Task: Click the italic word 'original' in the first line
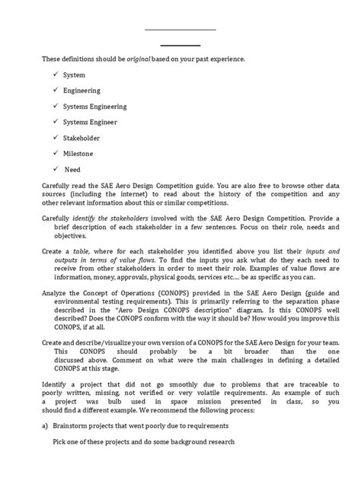click(x=149, y=59)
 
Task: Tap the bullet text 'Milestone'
click(x=79, y=154)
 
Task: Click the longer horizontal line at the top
click(x=180, y=30)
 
